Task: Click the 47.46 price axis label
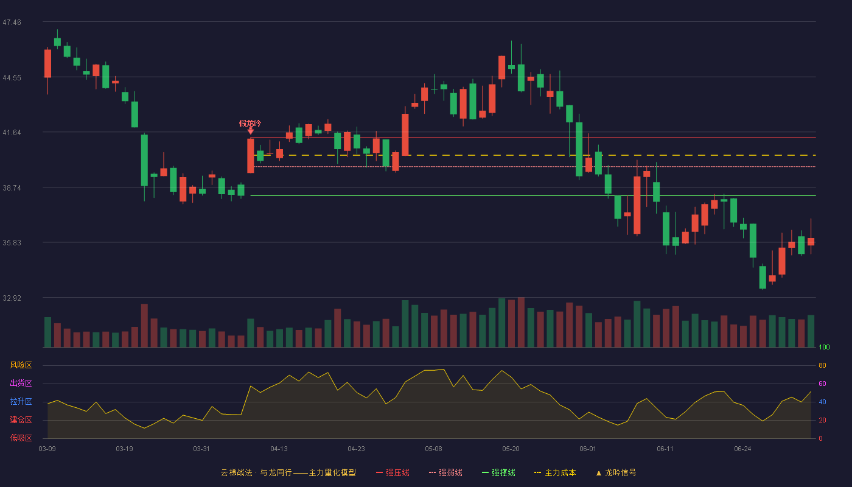click(12, 23)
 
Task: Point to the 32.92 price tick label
click(12, 298)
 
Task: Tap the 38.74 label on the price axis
click(12, 188)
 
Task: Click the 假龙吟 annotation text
click(250, 123)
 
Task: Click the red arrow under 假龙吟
click(250, 131)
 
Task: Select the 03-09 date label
click(47, 449)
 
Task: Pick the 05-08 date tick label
click(433, 449)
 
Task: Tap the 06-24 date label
click(742, 449)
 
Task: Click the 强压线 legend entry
click(393, 472)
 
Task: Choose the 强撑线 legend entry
click(498, 472)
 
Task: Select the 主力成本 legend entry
click(555, 472)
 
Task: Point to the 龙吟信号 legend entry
click(616, 472)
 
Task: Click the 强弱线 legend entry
click(445, 472)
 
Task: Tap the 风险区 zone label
click(21, 365)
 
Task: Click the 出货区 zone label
click(21, 383)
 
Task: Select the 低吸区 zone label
click(21, 438)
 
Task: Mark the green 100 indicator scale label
click(824, 347)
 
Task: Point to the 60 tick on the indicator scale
click(822, 384)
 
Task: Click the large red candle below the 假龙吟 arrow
click(251, 156)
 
